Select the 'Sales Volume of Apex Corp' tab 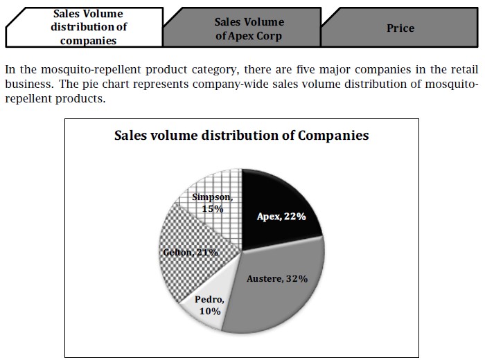pyautogui.click(x=249, y=28)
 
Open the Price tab pyautogui.click(x=400, y=28)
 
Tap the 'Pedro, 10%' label pyautogui.click(x=209, y=305)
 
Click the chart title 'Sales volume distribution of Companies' pyautogui.click(x=241, y=136)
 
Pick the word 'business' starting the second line pyautogui.click(x=25, y=84)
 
